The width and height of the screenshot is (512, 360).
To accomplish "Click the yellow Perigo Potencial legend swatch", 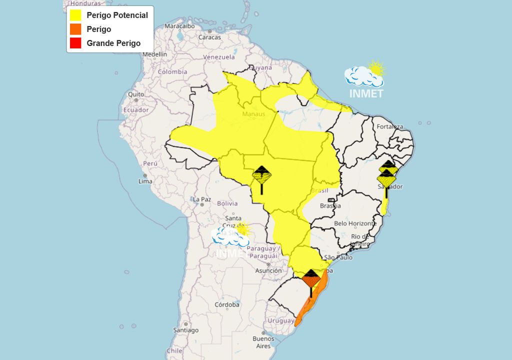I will pyautogui.click(x=75, y=15).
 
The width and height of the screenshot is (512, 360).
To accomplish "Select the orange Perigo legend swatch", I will pyautogui.click(x=75, y=29).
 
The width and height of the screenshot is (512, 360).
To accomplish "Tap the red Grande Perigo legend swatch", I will pyautogui.click(x=75, y=43).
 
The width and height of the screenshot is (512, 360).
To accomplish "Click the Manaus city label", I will pyautogui.click(x=252, y=114).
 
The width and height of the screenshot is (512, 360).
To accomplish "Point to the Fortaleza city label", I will pyautogui.click(x=390, y=126).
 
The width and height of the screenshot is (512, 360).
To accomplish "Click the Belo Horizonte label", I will pyautogui.click(x=355, y=223).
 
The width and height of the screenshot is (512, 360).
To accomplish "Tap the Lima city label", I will pyautogui.click(x=145, y=181).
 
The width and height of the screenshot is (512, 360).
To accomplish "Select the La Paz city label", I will pyautogui.click(x=202, y=199).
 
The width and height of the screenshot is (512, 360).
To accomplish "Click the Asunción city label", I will pyautogui.click(x=268, y=270).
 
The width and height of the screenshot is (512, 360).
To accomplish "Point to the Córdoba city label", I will pyautogui.click(x=226, y=304).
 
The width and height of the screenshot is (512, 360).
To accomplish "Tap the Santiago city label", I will pyautogui.click(x=186, y=330).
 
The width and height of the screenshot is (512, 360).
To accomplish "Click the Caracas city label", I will pyautogui.click(x=209, y=37).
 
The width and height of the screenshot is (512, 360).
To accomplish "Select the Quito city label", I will pyautogui.click(x=135, y=94).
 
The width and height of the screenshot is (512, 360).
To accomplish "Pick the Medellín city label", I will pyautogui.click(x=155, y=54).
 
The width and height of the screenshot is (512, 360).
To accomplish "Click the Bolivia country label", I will pyautogui.click(x=227, y=203).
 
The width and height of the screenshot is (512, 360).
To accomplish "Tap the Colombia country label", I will pyautogui.click(x=172, y=71).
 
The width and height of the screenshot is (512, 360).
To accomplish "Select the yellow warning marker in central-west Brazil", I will pyautogui.click(x=261, y=176).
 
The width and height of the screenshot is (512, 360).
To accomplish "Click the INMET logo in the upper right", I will pyautogui.click(x=365, y=80).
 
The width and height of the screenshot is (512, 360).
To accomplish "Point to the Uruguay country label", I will pyautogui.click(x=280, y=320).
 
